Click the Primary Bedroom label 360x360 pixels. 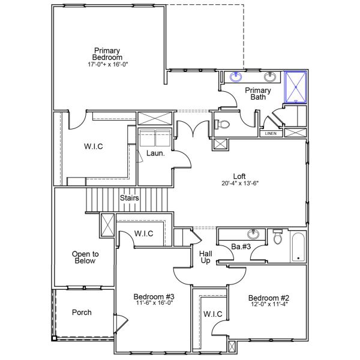point(107,53)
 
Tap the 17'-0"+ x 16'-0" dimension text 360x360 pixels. point(107,64)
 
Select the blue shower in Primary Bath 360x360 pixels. point(295,87)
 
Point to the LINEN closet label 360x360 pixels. point(271,133)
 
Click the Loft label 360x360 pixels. point(239,176)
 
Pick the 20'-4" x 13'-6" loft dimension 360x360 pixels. point(239,184)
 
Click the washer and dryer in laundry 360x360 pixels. point(155,139)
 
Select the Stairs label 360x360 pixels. point(130,198)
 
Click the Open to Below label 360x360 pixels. point(85,257)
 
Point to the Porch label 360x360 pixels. point(82,313)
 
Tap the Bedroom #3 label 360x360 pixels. point(154,297)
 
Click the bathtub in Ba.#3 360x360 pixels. point(298,247)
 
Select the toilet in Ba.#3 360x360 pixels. point(277,238)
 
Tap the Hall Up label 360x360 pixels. point(205,257)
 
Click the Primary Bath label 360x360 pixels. point(257,94)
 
